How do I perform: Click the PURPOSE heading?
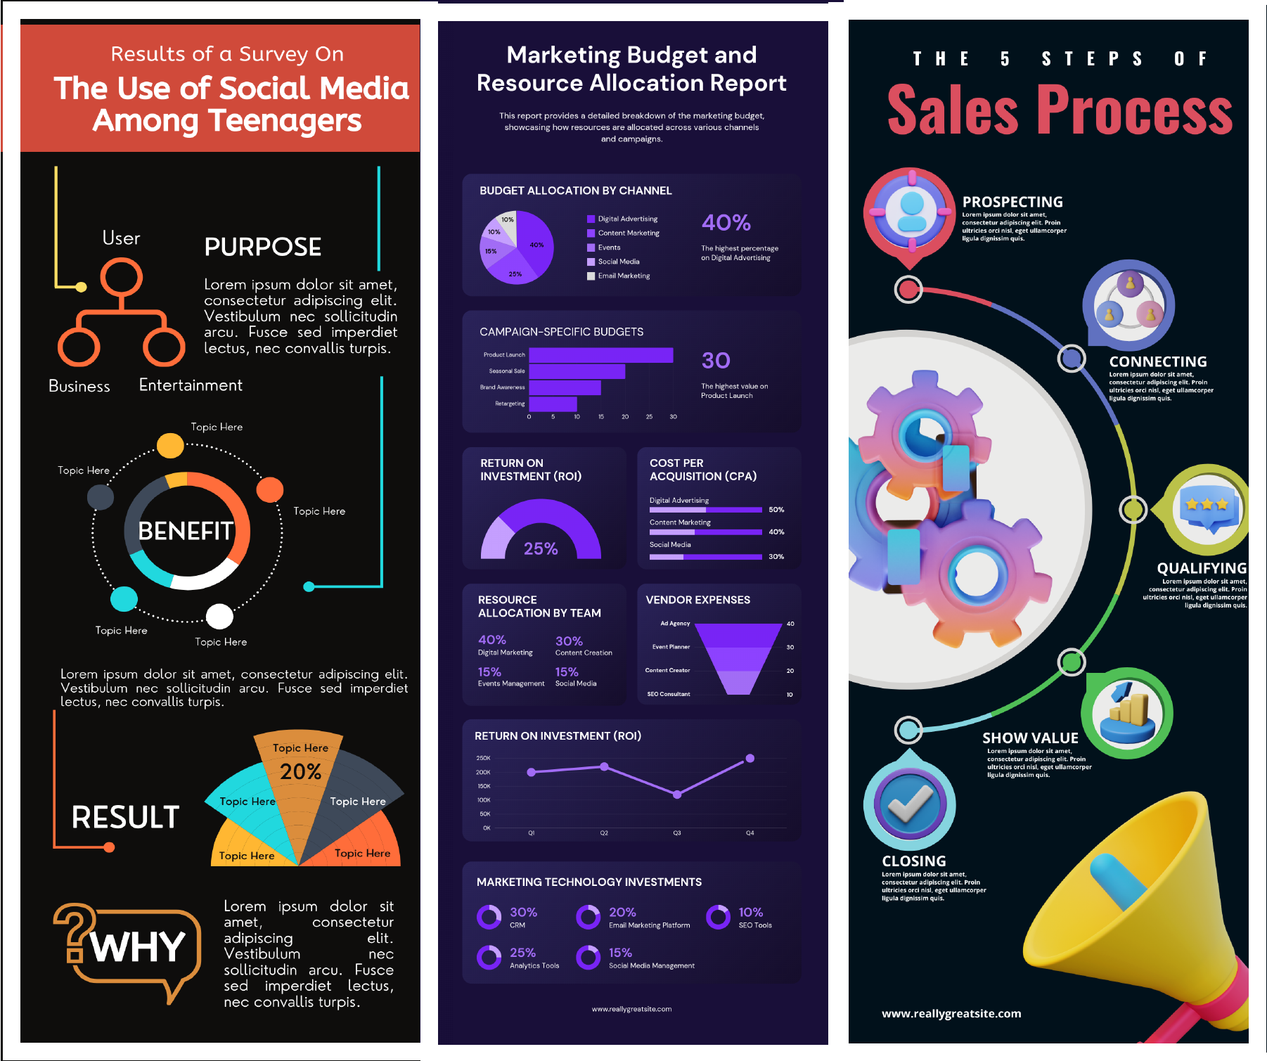(262, 247)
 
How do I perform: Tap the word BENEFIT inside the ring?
(186, 531)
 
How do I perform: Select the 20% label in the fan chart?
(300, 772)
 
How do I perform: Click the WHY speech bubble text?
(139, 947)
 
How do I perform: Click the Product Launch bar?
(600, 355)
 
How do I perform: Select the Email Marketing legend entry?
(623, 276)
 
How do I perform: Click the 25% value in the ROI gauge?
(540, 548)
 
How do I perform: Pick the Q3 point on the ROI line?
(677, 795)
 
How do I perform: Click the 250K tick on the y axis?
(483, 758)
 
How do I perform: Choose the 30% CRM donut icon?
(489, 917)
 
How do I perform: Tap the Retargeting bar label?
(510, 404)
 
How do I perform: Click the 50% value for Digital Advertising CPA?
(776, 510)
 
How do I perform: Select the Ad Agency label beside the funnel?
(675, 624)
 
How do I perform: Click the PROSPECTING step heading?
(1012, 202)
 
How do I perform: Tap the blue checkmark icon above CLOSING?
(909, 804)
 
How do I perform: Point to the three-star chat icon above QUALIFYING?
(1208, 508)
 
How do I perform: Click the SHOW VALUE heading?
(1030, 738)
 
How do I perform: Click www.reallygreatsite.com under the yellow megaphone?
(951, 1013)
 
